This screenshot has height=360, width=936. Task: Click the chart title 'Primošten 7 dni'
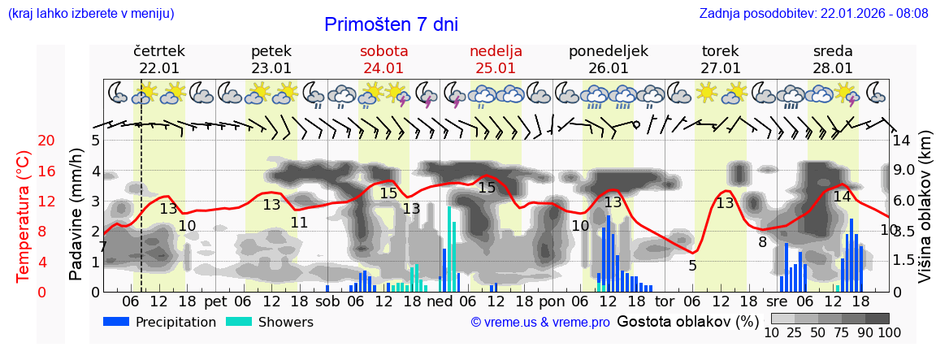coord(391,24)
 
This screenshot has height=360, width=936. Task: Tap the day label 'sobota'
coord(383,51)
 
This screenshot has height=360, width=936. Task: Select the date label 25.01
coord(496,68)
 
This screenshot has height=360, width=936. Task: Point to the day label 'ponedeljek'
coord(609,51)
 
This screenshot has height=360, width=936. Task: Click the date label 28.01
coord(833,68)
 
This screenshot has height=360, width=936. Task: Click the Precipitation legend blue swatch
coord(117,321)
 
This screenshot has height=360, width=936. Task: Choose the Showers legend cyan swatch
coord(239,321)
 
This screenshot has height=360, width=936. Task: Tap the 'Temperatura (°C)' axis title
coord(24,216)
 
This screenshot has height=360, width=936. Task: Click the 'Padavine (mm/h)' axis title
coord(76,215)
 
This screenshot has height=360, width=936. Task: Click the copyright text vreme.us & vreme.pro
coord(540,323)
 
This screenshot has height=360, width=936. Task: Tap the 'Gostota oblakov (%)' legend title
coord(682,321)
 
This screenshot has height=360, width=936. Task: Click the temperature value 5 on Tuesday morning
coord(692,266)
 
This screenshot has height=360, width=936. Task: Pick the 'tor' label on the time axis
coord(665,301)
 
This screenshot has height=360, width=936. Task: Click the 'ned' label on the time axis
coord(440,301)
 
